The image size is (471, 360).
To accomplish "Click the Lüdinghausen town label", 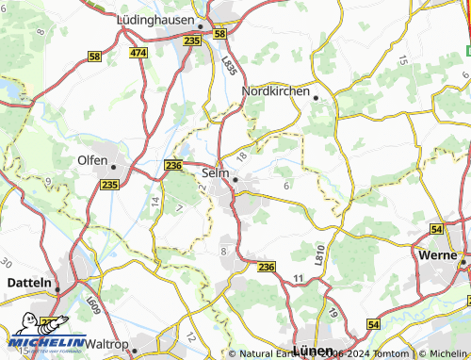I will point(154,18).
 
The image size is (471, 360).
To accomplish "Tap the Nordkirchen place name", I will point(276,90).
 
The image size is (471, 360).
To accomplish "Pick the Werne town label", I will point(436,255).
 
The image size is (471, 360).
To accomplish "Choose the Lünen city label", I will point(314,350).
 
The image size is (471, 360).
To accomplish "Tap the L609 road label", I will point(91,305).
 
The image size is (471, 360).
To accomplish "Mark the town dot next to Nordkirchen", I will point(317,98).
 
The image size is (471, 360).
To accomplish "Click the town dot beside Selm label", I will point(235,178).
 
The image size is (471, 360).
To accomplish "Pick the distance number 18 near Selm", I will point(243,155).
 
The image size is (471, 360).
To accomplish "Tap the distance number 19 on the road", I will point(333,312).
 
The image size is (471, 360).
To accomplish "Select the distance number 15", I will point(402,59).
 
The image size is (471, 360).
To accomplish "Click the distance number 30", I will point(8,262).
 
